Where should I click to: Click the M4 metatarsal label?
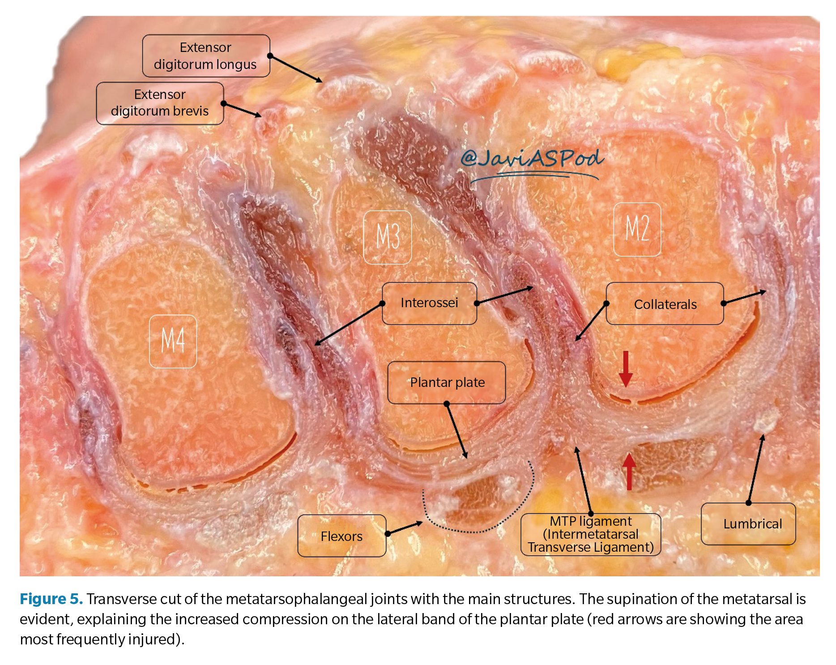173,341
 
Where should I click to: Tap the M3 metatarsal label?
387,237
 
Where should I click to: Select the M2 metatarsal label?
637,229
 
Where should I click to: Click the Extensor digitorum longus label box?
206,56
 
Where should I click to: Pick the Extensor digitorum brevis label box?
160,103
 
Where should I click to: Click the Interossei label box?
429,303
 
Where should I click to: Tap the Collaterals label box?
665,304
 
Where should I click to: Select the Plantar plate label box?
447,382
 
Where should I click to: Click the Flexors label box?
341,536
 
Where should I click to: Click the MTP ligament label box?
590,534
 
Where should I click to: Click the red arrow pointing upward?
629,471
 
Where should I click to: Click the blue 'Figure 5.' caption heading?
51,599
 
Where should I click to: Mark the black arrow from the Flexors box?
405,528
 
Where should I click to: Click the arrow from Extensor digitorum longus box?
296,69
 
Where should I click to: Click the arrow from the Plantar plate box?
456,430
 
